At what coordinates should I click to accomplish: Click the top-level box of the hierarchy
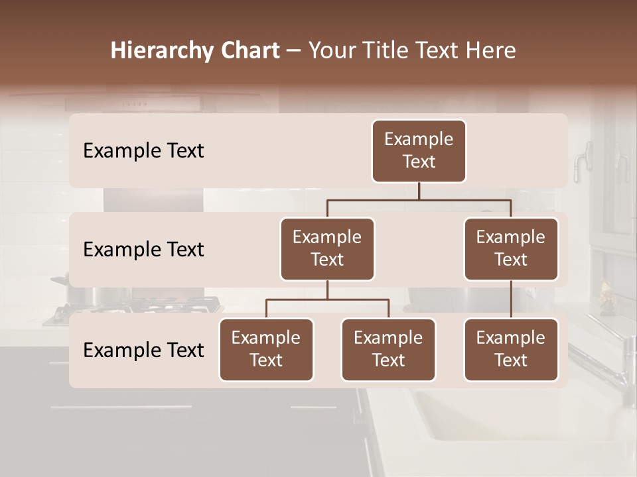click(419, 151)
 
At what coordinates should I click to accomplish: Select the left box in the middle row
click(327, 249)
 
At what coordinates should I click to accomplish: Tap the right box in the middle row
click(511, 249)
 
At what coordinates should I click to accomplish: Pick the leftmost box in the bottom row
click(266, 350)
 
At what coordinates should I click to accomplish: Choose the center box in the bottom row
click(388, 350)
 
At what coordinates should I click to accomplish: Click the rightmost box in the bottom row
click(511, 350)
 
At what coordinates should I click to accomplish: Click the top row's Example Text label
click(143, 151)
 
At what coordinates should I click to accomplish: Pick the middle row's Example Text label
click(143, 250)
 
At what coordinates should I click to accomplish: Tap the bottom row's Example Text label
click(143, 350)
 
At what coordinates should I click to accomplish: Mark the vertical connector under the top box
click(419, 191)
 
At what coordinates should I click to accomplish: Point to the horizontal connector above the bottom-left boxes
click(327, 299)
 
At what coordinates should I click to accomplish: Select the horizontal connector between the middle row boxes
click(419, 199)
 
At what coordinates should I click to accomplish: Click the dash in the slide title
click(294, 51)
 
